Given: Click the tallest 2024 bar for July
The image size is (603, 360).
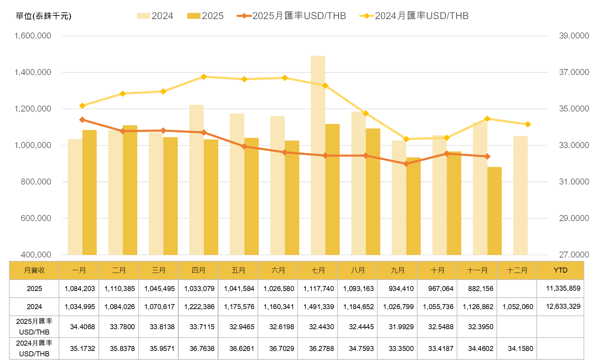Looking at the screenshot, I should point(318,154).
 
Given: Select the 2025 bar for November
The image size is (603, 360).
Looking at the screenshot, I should point(495,211).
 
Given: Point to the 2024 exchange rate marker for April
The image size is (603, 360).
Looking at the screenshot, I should point(204,77).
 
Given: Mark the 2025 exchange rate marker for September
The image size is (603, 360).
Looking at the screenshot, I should point(406,164).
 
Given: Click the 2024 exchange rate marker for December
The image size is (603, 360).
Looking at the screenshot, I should point(528,124).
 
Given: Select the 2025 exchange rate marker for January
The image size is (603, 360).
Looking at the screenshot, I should point(82,120).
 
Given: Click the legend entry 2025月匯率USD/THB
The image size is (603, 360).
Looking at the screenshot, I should point(291,16).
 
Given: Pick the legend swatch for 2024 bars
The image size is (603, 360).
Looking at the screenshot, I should point(143,16).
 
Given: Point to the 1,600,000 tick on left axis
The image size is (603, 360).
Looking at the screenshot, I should point(33,36).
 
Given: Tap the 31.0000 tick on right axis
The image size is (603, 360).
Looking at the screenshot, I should point(574,182).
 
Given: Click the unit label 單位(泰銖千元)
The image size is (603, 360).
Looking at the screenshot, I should point(44,16).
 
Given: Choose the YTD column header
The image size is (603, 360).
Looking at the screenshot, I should point(560,270).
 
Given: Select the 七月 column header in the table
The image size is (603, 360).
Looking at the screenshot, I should point(318,270).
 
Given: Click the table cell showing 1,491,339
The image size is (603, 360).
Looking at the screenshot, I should point(318,307).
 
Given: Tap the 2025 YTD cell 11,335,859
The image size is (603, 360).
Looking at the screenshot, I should point(563,288).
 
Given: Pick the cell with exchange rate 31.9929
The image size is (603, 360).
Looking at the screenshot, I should point(401,327).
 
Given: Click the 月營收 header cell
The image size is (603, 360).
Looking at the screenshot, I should point(34,270).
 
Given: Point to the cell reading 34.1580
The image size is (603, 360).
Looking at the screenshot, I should point(520,349).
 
